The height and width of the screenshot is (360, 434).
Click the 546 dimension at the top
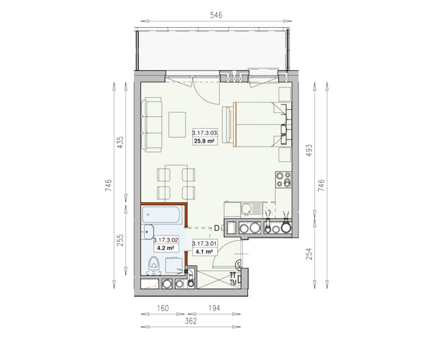coord(216,15)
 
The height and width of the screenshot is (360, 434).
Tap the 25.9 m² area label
coord(205,141)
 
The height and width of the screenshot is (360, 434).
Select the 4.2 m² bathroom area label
coord(165,248)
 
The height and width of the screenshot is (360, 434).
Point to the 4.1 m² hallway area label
coord(204,252)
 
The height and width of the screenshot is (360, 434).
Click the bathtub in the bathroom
coord(161,214)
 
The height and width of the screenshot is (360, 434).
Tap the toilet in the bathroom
coord(153,264)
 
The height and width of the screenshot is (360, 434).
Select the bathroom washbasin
coord(149,232)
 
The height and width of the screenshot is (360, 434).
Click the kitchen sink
coord(251,209)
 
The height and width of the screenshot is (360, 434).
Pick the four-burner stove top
coord(283,179)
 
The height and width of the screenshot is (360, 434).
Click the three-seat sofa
coord(151,125)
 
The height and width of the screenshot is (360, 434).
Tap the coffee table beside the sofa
coord(177,124)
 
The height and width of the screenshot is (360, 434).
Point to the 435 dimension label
coord(121,142)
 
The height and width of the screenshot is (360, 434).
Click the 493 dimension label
coord(309,150)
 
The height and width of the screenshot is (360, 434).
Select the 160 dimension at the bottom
coord(163,308)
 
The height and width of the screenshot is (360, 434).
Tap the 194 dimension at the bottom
coord(214,308)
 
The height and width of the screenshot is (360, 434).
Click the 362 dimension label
coord(191,321)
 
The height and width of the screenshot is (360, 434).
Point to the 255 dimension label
coord(121,240)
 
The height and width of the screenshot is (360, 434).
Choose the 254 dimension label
coord(309,254)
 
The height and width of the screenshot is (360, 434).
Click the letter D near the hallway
coord(217,228)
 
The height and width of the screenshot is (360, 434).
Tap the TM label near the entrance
coord(233,282)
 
